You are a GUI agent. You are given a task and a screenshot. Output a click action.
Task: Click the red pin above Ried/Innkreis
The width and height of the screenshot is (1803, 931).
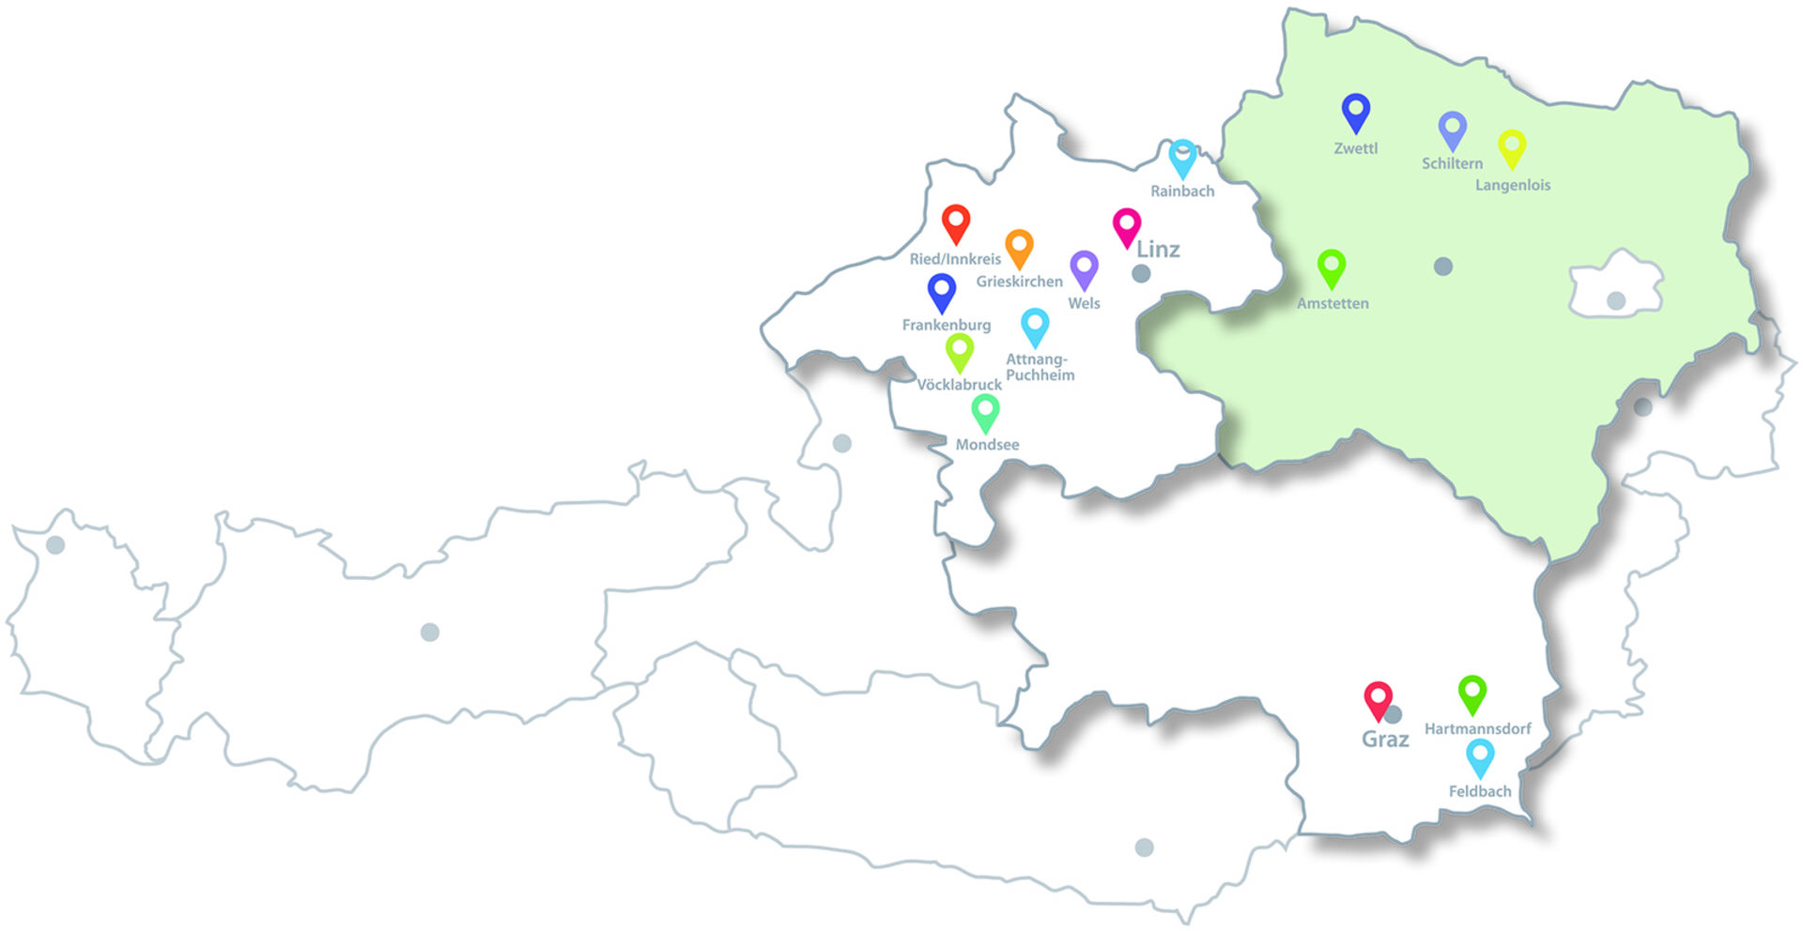coord(956,223)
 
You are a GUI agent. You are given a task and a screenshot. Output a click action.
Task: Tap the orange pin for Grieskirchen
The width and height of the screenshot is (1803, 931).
coord(1019,248)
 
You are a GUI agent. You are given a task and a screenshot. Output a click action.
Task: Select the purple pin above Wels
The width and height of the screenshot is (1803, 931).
coord(1084,269)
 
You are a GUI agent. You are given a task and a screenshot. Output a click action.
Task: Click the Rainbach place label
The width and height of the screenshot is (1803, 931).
coord(1182,191)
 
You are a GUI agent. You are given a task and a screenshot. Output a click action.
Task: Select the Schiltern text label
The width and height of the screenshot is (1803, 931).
coord(1452,163)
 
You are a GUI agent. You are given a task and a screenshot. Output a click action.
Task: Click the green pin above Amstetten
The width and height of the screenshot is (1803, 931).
coord(1332,268)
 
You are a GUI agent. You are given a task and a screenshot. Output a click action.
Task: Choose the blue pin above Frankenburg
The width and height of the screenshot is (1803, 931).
coord(942,292)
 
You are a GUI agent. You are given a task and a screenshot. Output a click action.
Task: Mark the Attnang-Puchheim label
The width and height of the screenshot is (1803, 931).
coord(1040,367)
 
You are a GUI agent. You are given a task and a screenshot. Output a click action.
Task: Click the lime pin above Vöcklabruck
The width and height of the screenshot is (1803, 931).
coord(959,352)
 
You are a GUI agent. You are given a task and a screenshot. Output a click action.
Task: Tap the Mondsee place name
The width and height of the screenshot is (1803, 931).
coord(987,445)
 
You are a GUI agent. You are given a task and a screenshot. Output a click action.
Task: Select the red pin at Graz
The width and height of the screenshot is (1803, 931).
coord(1378,700)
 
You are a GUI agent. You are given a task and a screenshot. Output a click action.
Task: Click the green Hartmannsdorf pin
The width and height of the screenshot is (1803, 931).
coord(1472,694)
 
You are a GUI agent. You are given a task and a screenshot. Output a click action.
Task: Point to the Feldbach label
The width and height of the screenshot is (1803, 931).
coord(1480,791)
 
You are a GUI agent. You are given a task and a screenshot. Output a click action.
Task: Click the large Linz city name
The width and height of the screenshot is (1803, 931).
coord(1158,250)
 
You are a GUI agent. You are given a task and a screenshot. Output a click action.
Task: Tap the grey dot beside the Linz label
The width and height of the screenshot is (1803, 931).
coord(1141,273)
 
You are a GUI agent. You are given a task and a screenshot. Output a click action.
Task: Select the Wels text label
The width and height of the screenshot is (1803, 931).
coord(1084,303)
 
